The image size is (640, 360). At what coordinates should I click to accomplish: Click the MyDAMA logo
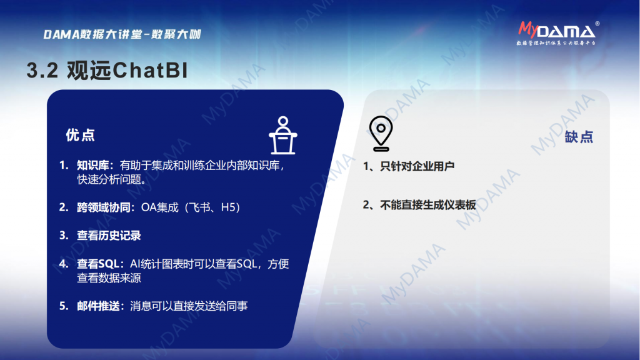click(558, 33)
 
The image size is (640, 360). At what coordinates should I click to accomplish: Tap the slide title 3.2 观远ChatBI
click(107, 70)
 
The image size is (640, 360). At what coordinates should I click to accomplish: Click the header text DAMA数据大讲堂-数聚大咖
click(122, 34)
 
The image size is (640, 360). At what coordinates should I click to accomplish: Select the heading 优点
click(80, 135)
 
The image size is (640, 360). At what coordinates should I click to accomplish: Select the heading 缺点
click(579, 137)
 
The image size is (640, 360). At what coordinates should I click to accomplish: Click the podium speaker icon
click(283, 136)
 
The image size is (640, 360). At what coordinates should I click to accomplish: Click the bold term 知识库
click(93, 165)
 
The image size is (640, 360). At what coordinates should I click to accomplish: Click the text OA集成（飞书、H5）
click(191, 207)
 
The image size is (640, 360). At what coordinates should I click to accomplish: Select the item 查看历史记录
click(109, 236)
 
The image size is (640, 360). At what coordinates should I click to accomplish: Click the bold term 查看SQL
click(98, 264)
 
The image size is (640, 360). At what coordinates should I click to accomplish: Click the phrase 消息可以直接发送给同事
click(189, 306)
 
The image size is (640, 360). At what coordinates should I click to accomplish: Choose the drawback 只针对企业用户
click(417, 166)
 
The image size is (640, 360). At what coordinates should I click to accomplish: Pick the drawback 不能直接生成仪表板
click(427, 205)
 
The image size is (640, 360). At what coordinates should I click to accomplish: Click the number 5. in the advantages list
click(64, 306)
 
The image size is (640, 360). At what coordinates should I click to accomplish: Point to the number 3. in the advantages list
click(64, 236)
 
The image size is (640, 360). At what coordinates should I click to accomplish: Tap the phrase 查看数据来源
click(109, 278)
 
